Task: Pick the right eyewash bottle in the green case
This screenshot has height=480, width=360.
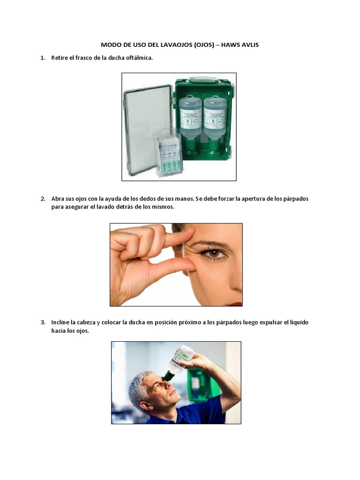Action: point(215,120)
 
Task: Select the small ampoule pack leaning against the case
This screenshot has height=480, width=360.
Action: point(167,152)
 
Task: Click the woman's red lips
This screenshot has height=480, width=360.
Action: point(234,303)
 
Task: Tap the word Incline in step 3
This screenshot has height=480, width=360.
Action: point(60,322)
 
